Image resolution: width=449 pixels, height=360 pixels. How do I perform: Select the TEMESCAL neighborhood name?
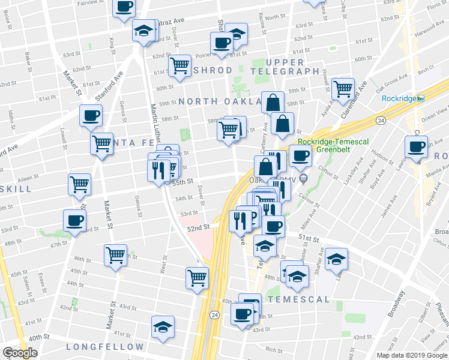tap(298, 299)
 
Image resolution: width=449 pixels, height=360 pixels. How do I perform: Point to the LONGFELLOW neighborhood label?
tap(105, 347)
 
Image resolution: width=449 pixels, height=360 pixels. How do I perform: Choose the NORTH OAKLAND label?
tap(218, 102)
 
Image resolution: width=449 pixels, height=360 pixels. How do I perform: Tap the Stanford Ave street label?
tap(109, 86)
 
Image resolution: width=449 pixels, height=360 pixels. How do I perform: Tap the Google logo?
tap(20, 353)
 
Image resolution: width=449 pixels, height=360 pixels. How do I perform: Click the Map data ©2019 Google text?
tap(412, 355)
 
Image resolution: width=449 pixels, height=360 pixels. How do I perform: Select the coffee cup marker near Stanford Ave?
tap(91, 115)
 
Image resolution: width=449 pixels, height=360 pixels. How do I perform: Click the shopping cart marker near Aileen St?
tap(79, 185)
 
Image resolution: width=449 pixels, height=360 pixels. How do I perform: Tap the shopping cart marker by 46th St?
tap(115, 254)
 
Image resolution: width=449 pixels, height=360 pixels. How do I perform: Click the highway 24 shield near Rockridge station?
tap(381, 121)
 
